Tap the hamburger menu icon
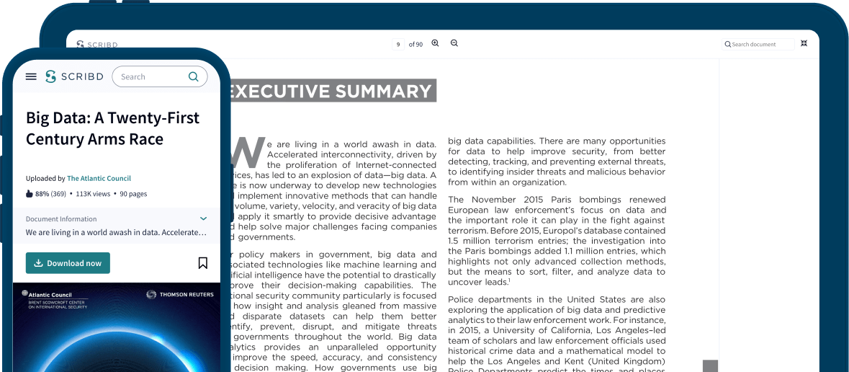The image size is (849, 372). click(31, 76)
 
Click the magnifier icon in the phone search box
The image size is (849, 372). click(193, 76)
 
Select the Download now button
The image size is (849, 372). click(68, 263)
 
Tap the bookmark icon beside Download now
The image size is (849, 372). click(203, 263)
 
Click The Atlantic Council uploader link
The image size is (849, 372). click(99, 178)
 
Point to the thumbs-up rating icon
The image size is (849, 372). click(30, 194)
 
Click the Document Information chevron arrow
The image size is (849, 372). click(203, 218)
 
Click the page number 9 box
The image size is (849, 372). click(398, 45)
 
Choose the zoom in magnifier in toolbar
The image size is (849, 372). click(435, 43)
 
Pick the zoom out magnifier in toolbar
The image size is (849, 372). click(454, 43)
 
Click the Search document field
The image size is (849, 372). click(759, 45)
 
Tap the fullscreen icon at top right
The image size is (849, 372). click(804, 44)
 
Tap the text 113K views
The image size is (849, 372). click(93, 194)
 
